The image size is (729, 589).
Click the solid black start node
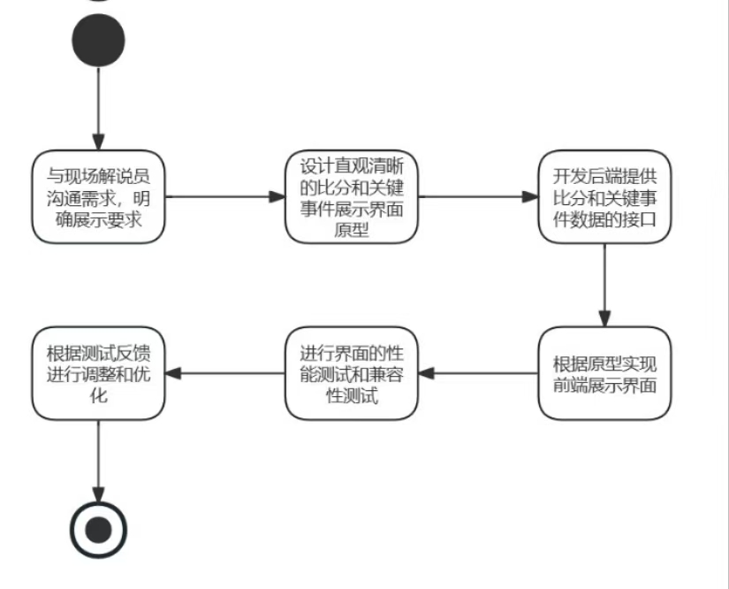pyautogui.click(x=98, y=40)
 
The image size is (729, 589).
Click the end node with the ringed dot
pyautogui.click(x=98, y=530)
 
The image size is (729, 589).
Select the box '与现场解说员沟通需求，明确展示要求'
pyautogui.click(x=98, y=197)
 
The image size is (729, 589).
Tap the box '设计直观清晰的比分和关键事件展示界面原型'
pyautogui.click(x=351, y=197)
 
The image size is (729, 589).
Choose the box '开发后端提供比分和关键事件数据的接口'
pyautogui.click(x=604, y=197)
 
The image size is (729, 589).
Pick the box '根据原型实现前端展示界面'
pyautogui.click(x=604, y=373)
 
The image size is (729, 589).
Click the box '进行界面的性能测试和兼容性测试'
pyautogui.click(x=351, y=373)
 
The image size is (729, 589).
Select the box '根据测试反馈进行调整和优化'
pyautogui.click(x=98, y=373)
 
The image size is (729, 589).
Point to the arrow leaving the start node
pyautogui.click(x=98, y=106)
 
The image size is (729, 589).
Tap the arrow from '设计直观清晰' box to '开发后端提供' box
pyautogui.click(x=477, y=197)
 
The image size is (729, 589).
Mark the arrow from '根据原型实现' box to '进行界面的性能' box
pyautogui.click(x=477, y=373)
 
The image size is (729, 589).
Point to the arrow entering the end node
pyautogui.click(x=98, y=460)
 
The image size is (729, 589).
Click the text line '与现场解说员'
pyautogui.click(x=98, y=175)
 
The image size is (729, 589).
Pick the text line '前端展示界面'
pyautogui.click(x=604, y=386)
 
